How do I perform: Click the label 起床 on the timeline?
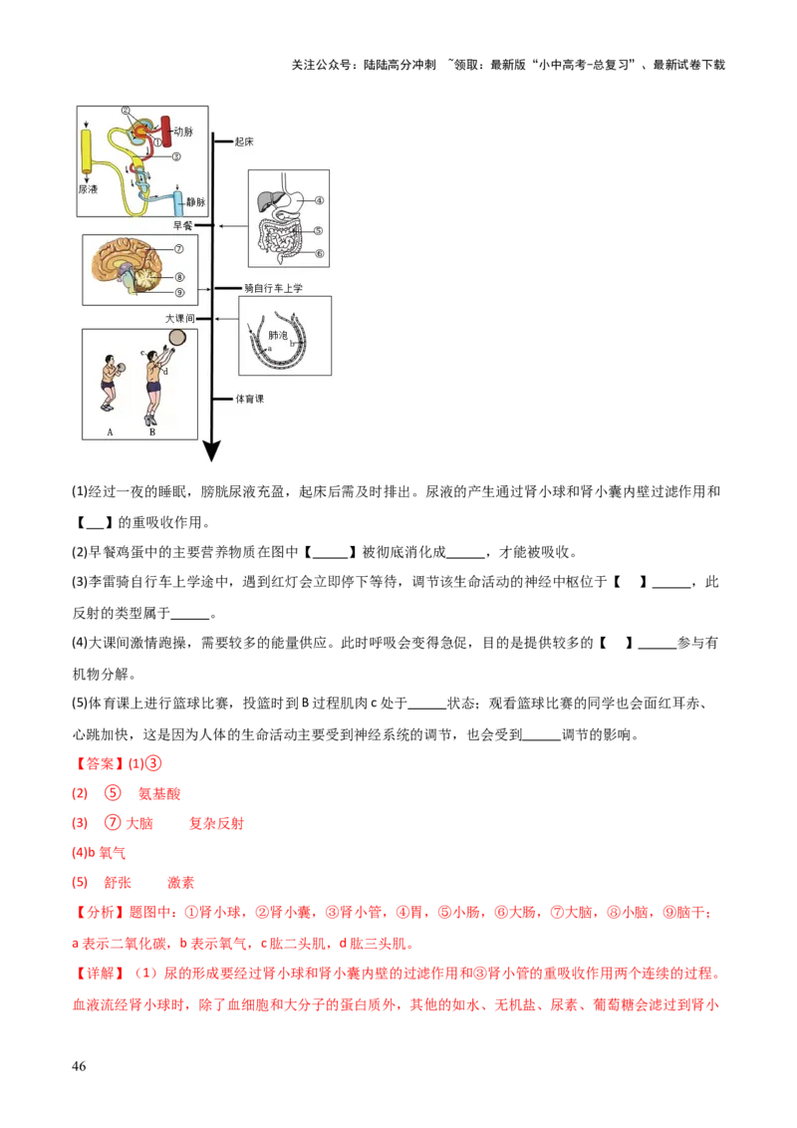click(x=244, y=141)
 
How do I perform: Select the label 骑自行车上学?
click(x=272, y=288)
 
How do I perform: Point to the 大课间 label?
click(x=180, y=318)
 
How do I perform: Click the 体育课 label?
click(x=249, y=398)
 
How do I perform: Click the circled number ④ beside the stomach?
click(x=320, y=199)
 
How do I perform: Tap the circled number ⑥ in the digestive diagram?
click(x=320, y=253)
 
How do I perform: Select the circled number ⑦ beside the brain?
click(x=180, y=249)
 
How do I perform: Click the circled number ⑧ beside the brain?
click(x=180, y=277)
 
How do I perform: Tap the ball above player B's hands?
click(x=177, y=337)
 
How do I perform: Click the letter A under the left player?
click(x=109, y=431)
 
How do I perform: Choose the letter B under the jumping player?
click(x=151, y=431)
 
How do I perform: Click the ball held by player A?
click(x=120, y=367)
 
